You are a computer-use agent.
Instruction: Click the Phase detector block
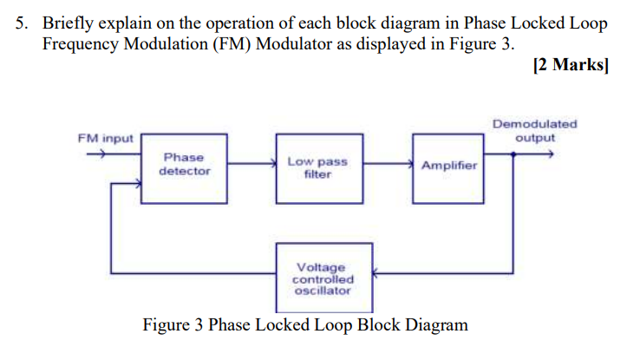pos(184,167)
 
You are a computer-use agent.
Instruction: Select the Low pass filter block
pos(317,167)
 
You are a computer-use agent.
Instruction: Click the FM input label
pos(105,139)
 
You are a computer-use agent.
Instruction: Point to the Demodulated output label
pos(534,131)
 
